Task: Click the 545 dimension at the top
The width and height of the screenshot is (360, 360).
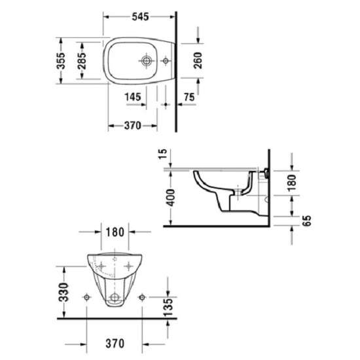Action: (x=140, y=16)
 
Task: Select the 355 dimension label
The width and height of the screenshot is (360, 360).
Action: (x=61, y=61)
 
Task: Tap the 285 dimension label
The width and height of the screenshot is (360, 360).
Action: (x=82, y=61)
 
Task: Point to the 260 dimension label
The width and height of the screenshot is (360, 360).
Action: (x=198, y=60)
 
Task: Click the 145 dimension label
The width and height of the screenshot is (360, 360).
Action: (x=133, y=97)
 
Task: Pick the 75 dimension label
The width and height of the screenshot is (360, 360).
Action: (x=189, y=97)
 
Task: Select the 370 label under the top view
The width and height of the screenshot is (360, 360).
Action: (x=132, y=126)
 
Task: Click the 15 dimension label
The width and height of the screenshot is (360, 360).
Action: (x=162, y=154)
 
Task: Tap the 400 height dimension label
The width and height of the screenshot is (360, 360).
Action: (x=170, y=197)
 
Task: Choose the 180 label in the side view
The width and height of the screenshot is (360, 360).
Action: (x=292, y=183)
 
